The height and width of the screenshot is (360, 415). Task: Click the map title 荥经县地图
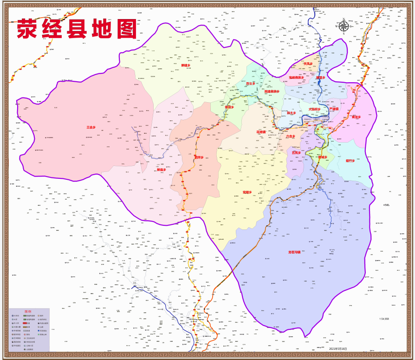pos(77,29)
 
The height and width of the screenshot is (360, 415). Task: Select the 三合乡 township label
pos(91,127)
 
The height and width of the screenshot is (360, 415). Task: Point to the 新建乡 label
pos(185,65)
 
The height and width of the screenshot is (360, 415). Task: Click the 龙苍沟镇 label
pos(294,252)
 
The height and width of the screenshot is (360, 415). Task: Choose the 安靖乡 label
pos(247,192)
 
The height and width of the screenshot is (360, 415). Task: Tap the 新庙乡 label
pos(161,170)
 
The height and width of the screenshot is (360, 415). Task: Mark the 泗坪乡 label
pos(199,157)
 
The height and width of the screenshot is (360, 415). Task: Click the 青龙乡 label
pos(356,117)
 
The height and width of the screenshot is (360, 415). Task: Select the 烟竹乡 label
pos(350,161)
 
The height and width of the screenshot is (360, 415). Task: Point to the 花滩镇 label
pos(261,132)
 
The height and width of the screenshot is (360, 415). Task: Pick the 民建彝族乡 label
pos(272,92)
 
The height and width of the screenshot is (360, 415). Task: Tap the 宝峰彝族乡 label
pos(296,78)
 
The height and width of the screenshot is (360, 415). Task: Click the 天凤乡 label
pos(308,64)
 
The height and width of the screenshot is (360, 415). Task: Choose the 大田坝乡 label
pos(315,110)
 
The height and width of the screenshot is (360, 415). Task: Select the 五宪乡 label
pos(296,152)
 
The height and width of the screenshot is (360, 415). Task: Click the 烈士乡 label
pos(251,84)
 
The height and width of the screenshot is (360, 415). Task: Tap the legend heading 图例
pos(29,311)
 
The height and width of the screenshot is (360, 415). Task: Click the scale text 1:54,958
pos(384,319)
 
